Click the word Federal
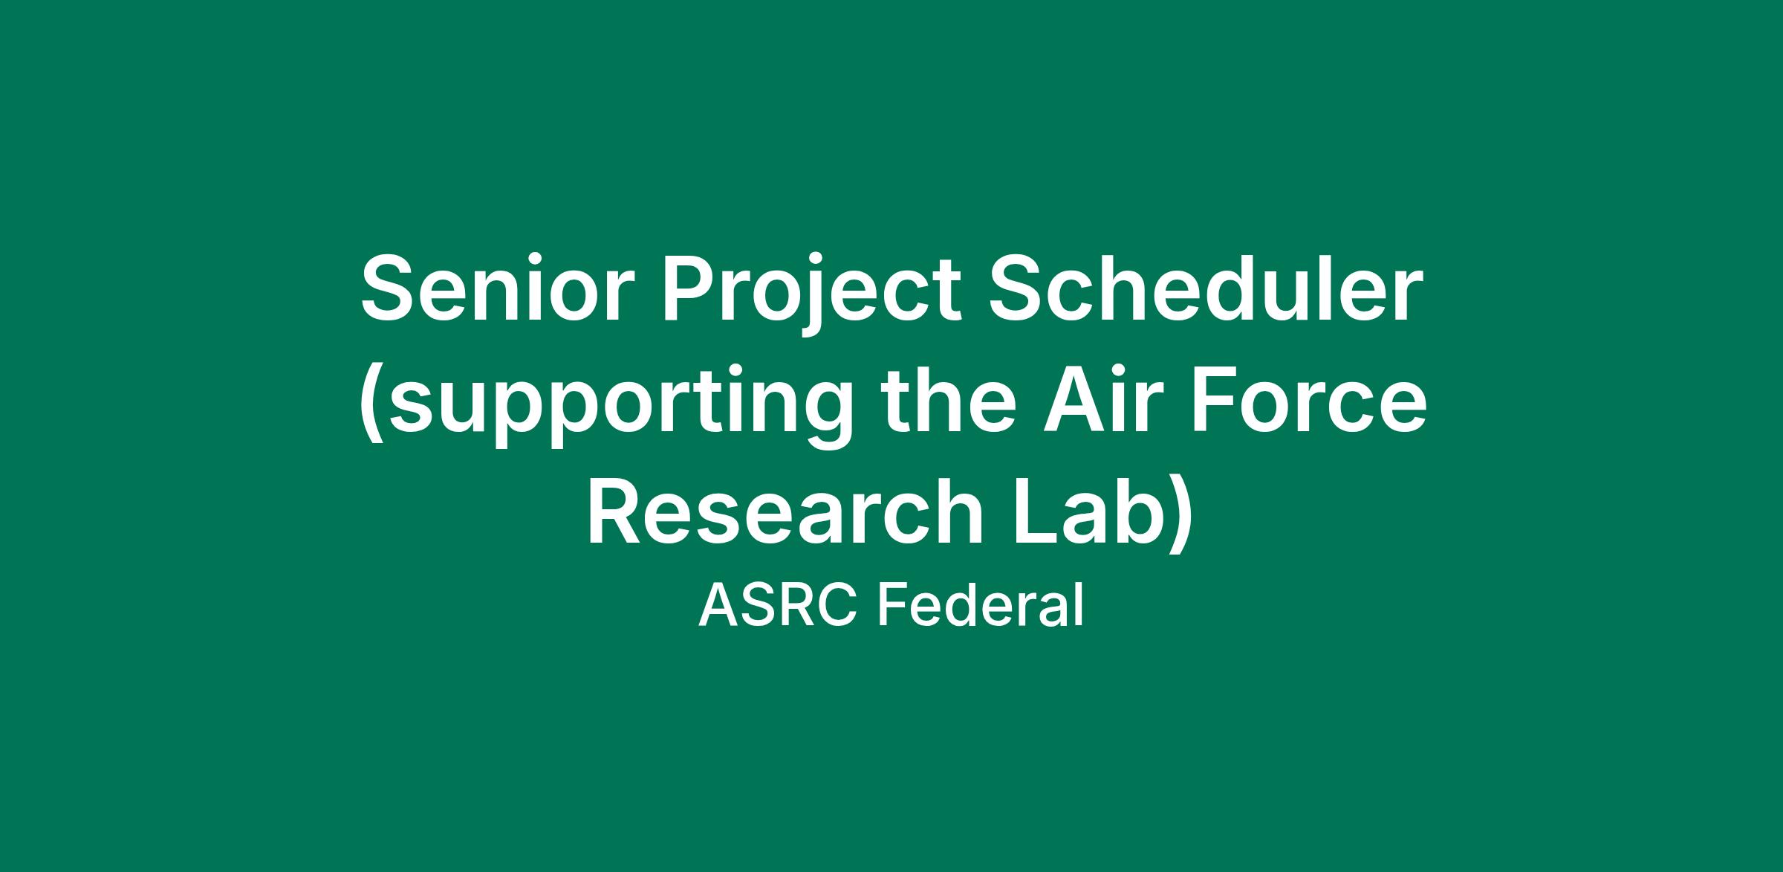pos(980,605)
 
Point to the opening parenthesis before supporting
pos(371,407)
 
